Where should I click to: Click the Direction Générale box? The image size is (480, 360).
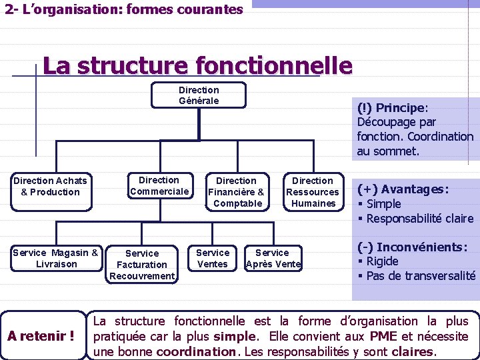(199, 95)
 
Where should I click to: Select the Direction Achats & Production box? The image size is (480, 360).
(51, 186)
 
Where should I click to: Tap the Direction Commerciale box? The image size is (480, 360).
(159, 186)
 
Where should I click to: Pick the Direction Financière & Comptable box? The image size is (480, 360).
(236, 192)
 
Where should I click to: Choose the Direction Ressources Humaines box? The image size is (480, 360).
(313, 192)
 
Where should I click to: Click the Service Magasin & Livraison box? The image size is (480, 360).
(55, 258)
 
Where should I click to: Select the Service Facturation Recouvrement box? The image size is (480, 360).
(142, 265)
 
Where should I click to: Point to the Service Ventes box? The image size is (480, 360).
(213, 258)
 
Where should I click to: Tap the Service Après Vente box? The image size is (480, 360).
(273, 258)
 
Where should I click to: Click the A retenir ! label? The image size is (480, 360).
(41, 335)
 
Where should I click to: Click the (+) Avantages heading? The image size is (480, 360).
(403, 189)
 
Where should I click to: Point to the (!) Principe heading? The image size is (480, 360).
(393, 108)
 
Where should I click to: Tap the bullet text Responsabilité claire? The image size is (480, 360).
(420, 219)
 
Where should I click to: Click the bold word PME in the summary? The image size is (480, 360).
(383, 336)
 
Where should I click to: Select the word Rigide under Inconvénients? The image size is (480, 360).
(382, 261)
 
